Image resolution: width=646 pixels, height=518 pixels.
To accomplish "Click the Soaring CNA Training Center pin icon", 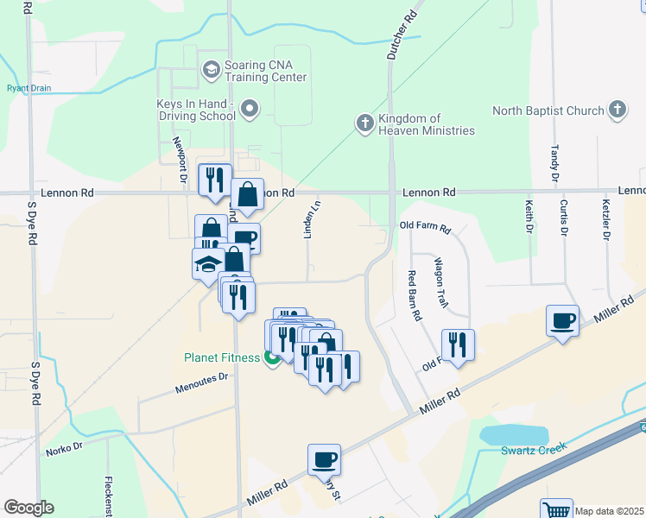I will coord(210,69).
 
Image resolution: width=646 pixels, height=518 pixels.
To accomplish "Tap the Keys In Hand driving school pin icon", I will coord(250,109).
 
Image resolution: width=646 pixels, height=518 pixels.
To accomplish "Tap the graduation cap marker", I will coord(208,263).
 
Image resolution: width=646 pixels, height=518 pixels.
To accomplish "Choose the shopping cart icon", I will coord(556,509).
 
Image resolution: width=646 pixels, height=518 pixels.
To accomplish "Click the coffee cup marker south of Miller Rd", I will coord(324,459).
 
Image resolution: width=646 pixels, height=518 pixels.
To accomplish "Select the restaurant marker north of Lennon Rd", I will coord(215,180).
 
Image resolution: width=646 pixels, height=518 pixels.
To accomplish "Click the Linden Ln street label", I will coord(315,223).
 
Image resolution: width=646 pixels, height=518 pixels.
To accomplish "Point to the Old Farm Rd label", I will coord(425,228).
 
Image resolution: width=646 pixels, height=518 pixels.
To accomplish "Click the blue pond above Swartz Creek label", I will coord(514,434).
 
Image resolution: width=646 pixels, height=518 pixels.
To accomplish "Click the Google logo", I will coord(28,508).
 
